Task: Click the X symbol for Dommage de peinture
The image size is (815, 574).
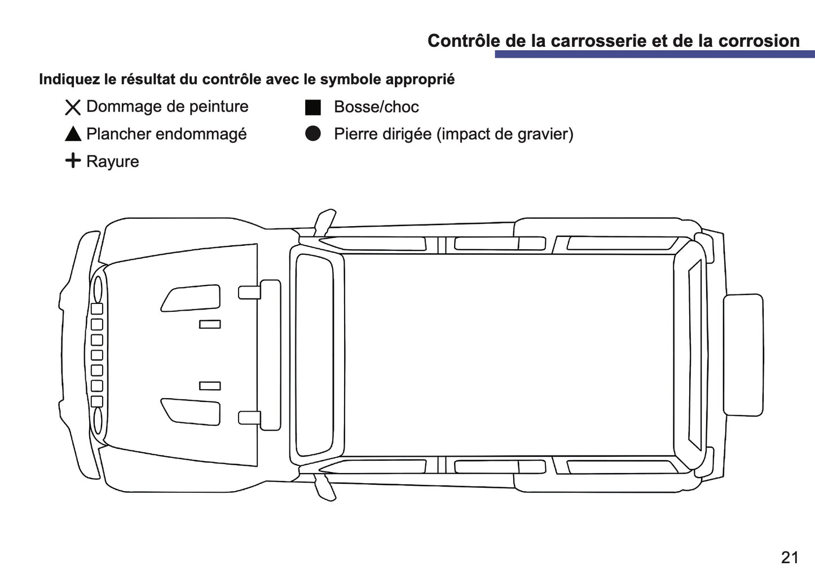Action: (73, 107)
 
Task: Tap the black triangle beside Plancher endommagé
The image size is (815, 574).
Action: (73, 134)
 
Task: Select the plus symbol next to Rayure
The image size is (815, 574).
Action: (73, 160)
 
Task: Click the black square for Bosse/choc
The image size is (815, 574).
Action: (313, 107)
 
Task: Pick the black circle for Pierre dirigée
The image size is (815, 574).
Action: (313, 134)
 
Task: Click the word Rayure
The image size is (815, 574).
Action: (113, 161)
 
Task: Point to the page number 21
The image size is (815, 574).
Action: (790, 558)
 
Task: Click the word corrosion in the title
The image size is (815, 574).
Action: (759, 41)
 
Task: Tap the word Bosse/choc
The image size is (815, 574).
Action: (376, 107)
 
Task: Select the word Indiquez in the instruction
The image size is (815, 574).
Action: (69, 80)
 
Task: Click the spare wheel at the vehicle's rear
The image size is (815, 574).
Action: (743, 355)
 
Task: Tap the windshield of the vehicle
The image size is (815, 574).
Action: (314, 355)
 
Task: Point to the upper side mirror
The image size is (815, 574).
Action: (324, 223)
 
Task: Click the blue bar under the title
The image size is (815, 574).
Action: (655, 54)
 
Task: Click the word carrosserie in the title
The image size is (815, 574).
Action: (598, 41)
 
